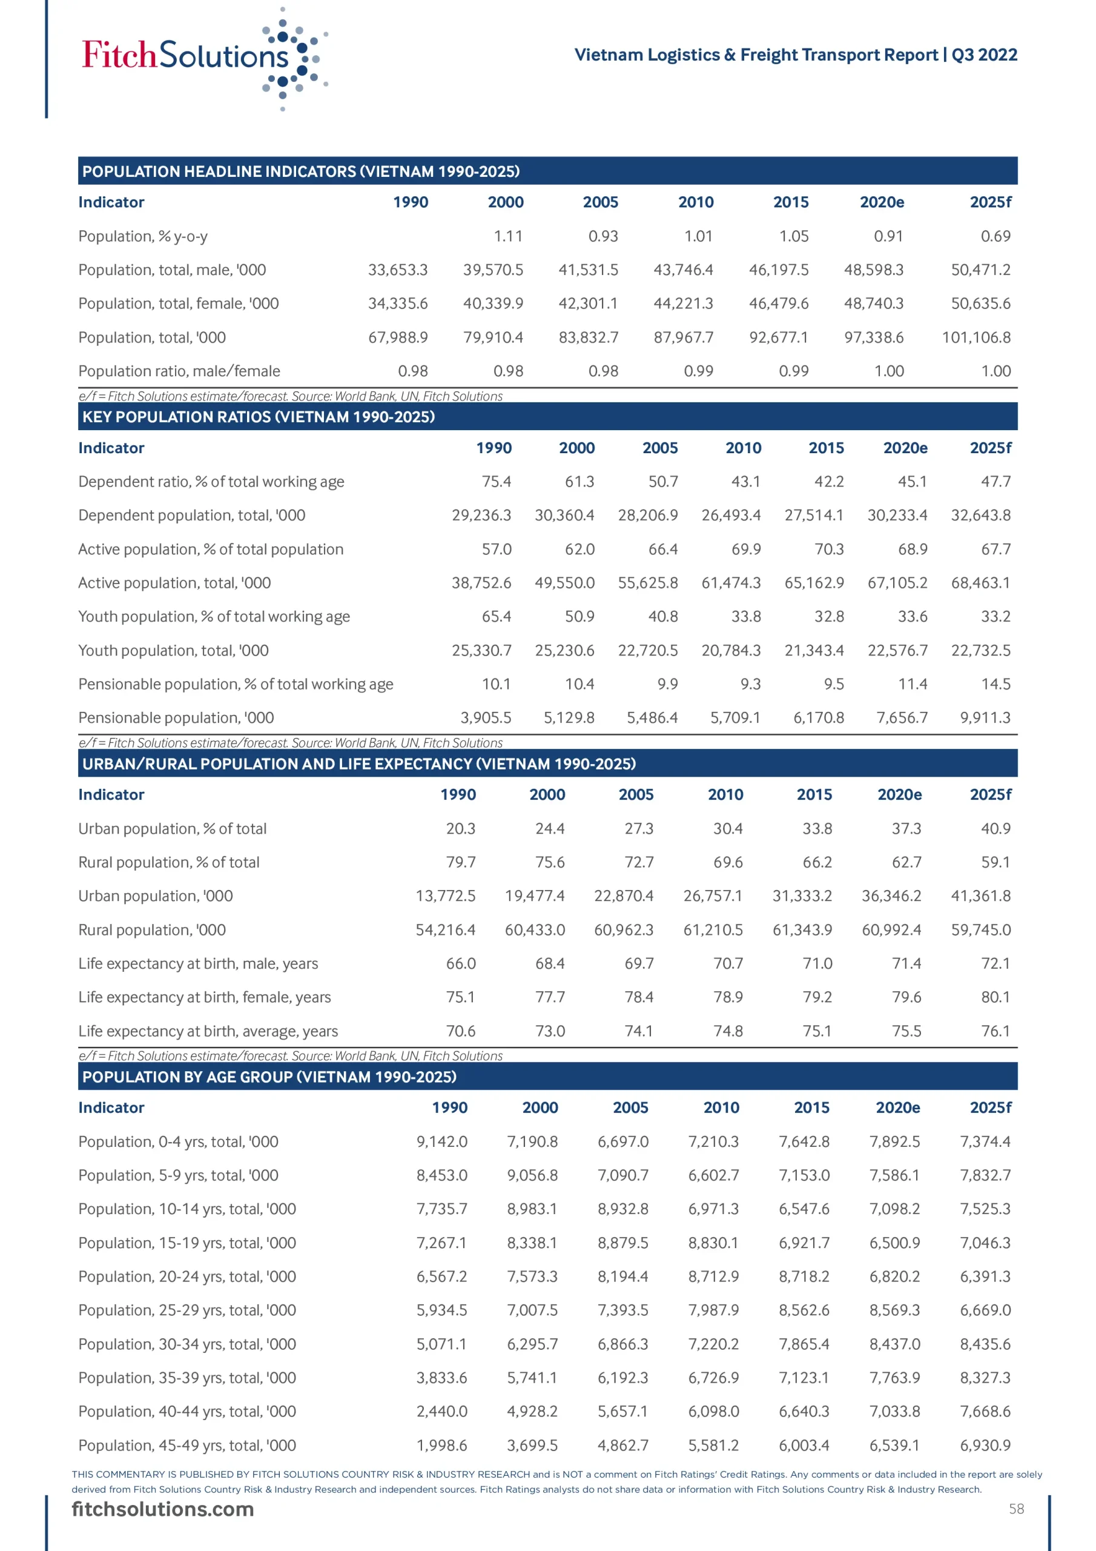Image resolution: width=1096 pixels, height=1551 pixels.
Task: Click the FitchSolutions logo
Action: coord(203,58)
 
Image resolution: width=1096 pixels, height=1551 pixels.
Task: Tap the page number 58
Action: coord(1016,1509)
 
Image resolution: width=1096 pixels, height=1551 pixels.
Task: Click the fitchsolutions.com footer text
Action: coord(163,1509)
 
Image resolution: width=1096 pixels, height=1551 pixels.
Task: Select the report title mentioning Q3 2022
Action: coord(795,55)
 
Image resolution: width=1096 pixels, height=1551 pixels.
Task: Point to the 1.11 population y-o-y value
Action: coord(508,236)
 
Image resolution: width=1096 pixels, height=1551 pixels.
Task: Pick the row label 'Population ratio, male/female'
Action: coord(179,371)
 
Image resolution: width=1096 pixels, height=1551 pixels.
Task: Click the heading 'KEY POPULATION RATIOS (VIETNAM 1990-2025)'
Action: coord(258,417)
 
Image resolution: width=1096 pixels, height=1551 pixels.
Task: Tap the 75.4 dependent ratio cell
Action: coord(497,482)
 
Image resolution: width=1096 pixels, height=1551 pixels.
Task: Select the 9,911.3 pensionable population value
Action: coord(985,717)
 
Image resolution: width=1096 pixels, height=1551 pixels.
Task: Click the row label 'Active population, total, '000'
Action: coord(174,583)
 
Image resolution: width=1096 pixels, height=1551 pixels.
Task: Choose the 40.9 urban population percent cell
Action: coord(995,828)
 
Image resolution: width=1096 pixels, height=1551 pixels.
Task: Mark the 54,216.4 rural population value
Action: coord(445,929)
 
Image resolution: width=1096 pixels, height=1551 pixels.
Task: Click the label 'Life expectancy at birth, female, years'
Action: coord(205,997)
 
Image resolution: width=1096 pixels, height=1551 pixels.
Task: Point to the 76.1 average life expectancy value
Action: coord(995,1031)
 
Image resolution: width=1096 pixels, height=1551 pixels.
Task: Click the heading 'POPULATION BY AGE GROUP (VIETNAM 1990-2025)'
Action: coord(269,1077)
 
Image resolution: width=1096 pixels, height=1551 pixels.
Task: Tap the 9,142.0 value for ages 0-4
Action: coord(441,1141)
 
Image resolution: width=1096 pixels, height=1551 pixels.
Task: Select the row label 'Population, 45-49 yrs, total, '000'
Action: coord(187,1445)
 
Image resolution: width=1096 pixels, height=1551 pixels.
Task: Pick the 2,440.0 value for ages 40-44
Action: coord(441,1411)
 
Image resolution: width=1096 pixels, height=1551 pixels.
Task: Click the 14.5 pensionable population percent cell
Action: coord(995,683)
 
